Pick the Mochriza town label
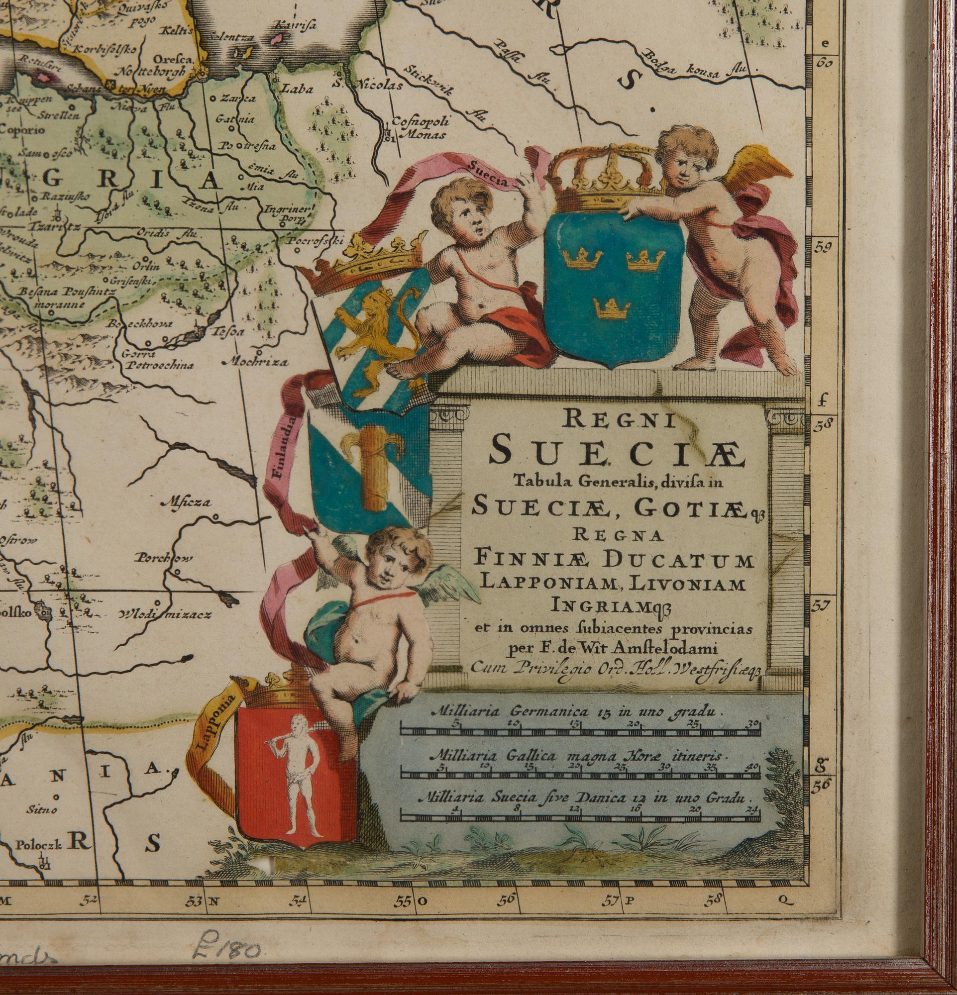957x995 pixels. point(256,362)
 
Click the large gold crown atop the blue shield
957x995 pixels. point(605,175)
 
